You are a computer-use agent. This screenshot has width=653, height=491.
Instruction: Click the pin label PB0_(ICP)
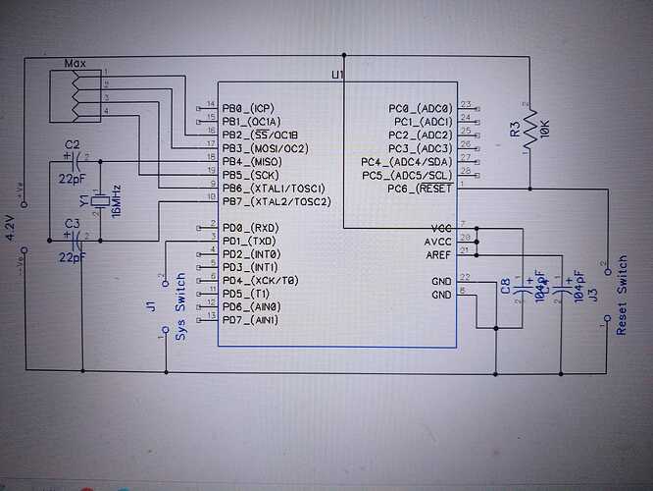250,107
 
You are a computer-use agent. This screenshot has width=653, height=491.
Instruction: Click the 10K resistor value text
543,134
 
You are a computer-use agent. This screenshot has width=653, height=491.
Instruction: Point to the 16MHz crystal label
116,201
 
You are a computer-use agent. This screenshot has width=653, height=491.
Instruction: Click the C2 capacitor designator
72,145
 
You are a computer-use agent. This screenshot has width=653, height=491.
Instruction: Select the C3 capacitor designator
72,224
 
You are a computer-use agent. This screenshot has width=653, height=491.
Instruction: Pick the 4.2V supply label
11,227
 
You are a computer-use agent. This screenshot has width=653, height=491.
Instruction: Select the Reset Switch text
622,295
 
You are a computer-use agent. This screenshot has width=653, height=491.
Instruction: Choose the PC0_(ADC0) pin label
421,107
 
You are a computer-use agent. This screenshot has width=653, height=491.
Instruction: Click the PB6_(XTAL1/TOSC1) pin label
274,188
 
